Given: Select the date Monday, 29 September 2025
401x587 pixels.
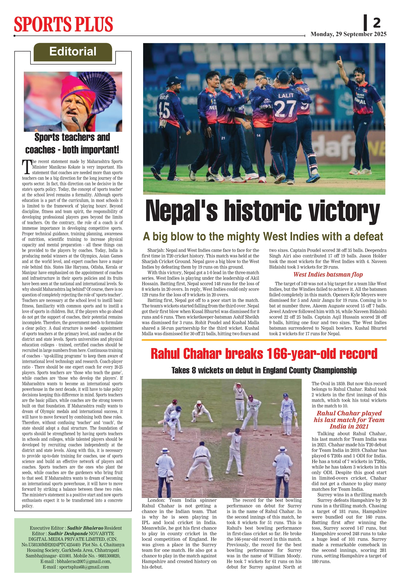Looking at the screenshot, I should tap(348, 34).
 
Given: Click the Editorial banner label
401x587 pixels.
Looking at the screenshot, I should tap(73, 51).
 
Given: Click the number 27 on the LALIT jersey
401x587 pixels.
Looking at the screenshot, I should tap(285, 109).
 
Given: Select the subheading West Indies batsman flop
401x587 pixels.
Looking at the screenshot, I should tap(328, 275).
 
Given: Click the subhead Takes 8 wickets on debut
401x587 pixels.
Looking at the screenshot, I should tap(264, 370).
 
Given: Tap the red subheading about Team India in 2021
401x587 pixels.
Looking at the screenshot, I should tap(349, 420).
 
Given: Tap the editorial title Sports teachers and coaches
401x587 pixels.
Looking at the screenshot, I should tap(72, 143).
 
